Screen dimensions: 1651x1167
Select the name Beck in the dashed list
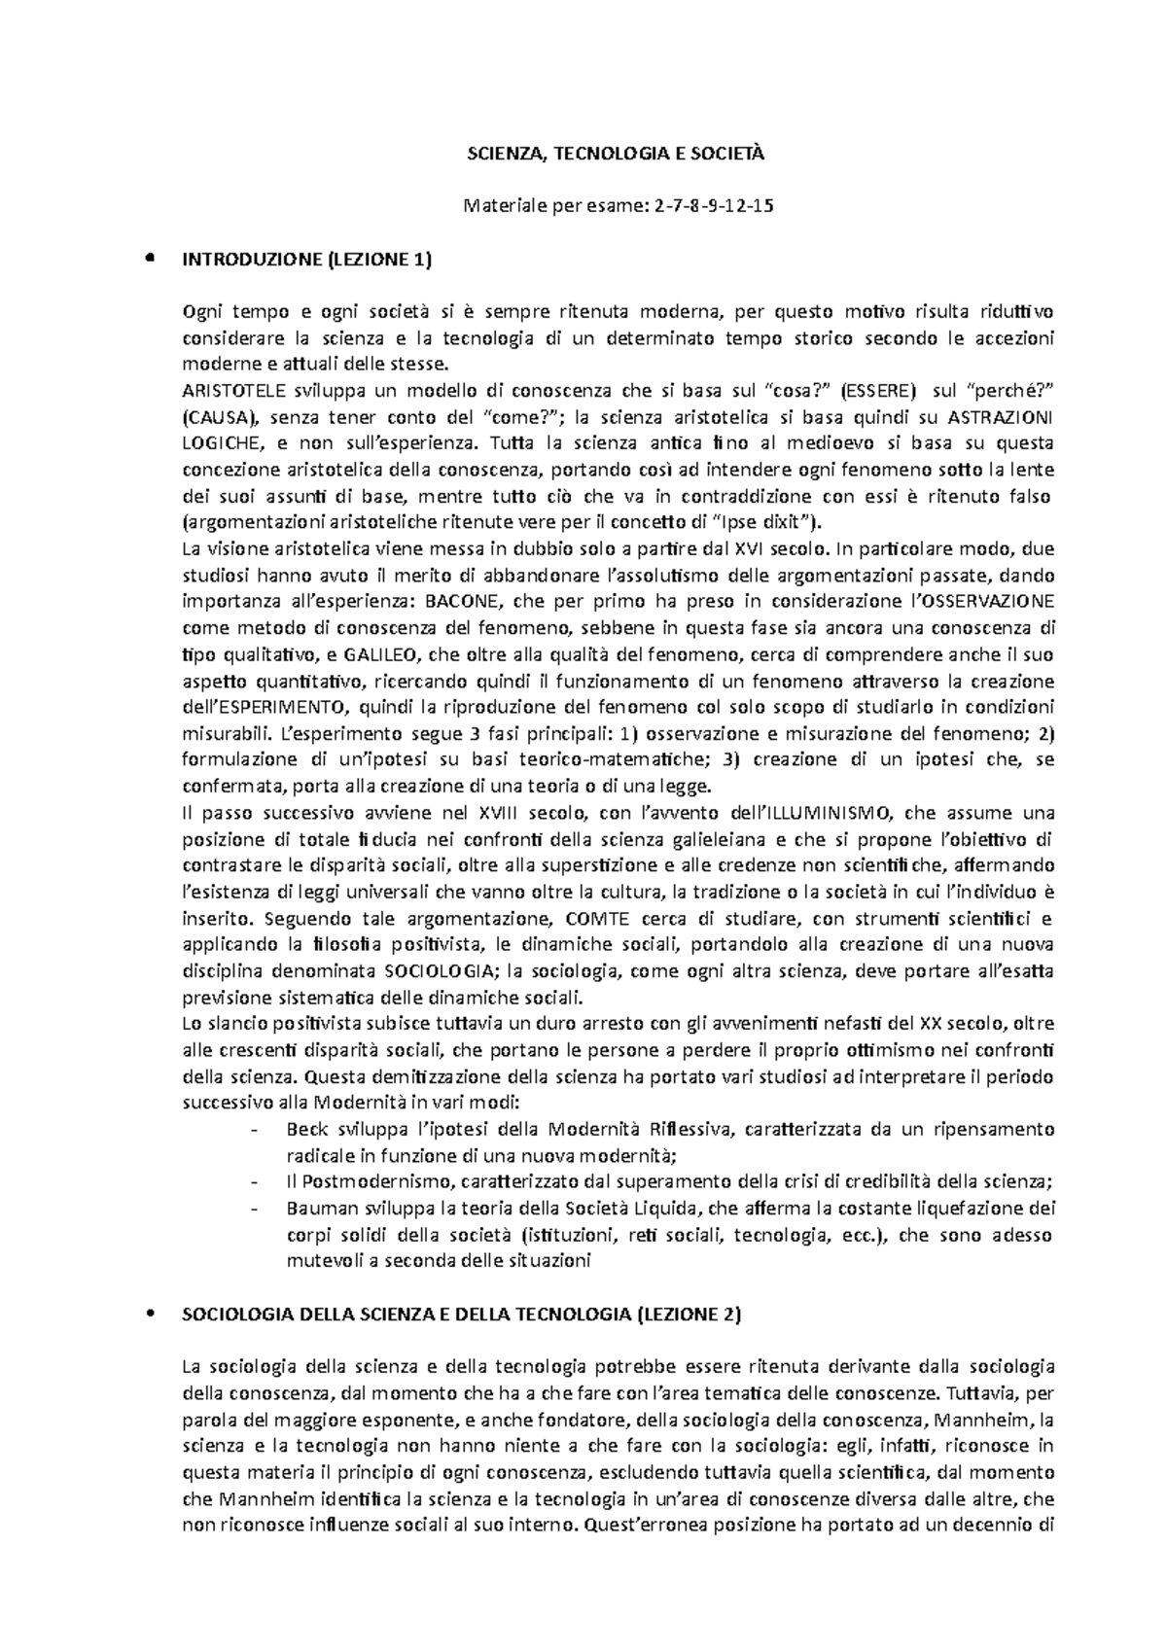click(x=304, y=1130)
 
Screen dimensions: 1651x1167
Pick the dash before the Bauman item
click(x=255, y=1209)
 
